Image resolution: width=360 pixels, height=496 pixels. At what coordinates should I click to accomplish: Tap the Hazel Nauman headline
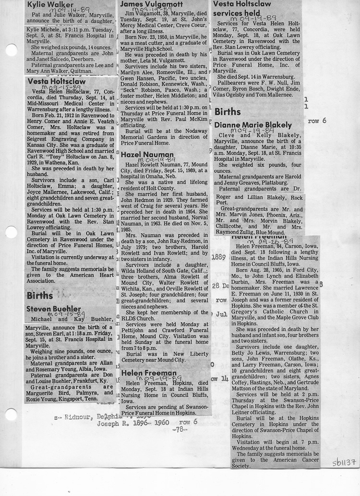point(144,155)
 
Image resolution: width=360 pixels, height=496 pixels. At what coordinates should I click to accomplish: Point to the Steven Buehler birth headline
point(53,308)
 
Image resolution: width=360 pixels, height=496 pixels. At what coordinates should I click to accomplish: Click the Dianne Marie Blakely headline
point(252,125)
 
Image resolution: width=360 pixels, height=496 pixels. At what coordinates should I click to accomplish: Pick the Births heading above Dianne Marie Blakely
point(228,112)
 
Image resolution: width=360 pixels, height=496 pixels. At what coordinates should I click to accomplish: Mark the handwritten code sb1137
point(344,463)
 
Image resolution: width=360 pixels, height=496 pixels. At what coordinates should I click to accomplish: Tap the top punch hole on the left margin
point(10,50)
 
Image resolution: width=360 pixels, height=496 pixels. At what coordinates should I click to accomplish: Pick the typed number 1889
point(218,257)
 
